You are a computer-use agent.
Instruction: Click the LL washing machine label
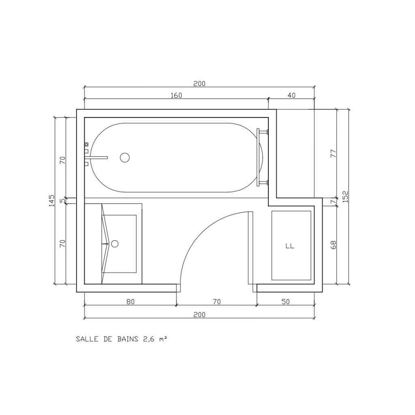coord(290,246)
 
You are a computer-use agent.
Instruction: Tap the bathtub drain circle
coord(125,158)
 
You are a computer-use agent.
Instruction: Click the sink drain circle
coord(115,244)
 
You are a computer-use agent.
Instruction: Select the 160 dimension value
coord(176,95)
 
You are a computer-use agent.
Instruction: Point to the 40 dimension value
coord(291,95)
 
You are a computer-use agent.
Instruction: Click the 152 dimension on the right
coord(345,197)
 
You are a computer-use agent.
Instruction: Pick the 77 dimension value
coord(333,154)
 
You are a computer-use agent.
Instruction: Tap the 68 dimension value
coord(333,244)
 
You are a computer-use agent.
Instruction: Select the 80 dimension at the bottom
coord(130,302)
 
